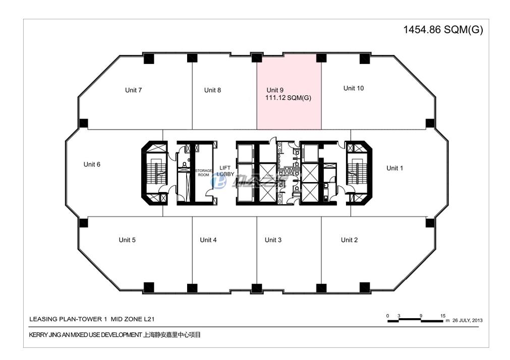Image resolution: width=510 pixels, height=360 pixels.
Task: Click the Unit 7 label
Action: point(133,90)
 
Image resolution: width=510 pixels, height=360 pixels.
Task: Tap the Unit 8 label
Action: point(212,90)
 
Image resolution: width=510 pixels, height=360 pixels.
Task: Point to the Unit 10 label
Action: point(353,88)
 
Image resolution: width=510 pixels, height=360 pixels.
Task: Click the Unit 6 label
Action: point(92,164)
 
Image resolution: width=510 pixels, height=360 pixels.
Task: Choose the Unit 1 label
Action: point(394,168)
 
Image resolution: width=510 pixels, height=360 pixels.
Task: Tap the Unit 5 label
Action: point(127,240)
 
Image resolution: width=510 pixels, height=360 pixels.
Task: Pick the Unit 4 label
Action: point(208,240)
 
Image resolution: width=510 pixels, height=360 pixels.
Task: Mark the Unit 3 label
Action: point(273,240)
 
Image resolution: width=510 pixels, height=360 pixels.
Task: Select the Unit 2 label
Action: point(349,240)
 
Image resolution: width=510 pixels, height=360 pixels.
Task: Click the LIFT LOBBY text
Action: point(225,170)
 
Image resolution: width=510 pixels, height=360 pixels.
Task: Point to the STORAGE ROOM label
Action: point(204,173)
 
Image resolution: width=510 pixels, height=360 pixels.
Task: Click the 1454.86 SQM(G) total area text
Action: point(443,30)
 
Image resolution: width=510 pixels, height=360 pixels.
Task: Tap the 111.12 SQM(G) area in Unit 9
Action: point(288,98)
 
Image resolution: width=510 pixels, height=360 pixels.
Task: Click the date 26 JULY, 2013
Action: point(468,321)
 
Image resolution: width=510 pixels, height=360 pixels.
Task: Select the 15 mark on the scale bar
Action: point(442,316)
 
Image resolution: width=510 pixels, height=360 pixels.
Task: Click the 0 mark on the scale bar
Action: point(388,316)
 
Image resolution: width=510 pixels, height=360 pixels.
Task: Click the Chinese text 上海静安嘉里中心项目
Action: point(172,335)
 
